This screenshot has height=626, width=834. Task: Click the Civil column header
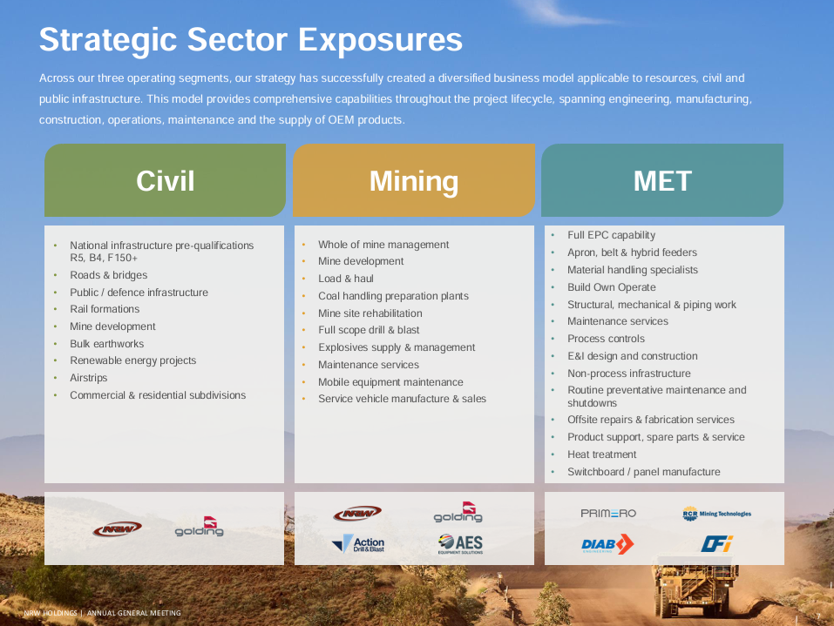(165, 180)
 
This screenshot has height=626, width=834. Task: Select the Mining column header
(414, 180)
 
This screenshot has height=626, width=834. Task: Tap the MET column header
(662, 180)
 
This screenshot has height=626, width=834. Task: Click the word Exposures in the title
(380, 40)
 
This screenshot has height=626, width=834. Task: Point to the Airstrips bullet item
(88, 378)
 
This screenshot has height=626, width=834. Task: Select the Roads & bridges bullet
(109, 275)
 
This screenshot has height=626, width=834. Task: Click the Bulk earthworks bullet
(107, 344)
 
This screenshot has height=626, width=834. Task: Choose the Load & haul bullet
(346, 279)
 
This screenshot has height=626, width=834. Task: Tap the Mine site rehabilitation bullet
(370, 313)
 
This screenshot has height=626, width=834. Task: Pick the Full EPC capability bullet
(611, 235)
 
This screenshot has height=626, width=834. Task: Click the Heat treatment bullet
(601, 454)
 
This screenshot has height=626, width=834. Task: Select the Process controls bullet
(606, 339)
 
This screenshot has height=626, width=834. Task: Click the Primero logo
(608, 514)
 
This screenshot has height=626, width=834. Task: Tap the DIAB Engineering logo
(607, 544)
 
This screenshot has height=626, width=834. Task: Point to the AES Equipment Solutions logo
(461, 544)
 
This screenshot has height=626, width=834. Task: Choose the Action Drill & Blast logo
(358, 543)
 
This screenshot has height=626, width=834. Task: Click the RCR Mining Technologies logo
(716, 514)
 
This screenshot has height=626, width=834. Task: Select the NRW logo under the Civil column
(117, 528)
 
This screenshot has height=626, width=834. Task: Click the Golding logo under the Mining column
(458, 512)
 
